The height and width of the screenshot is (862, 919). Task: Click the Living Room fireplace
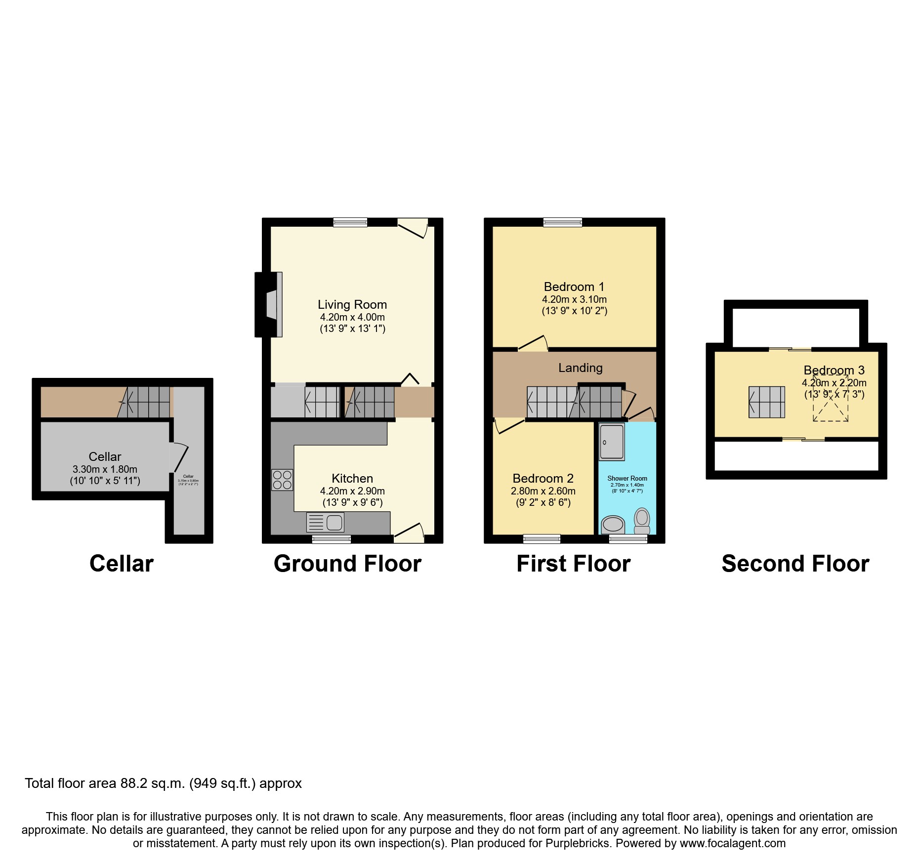click(270, 304)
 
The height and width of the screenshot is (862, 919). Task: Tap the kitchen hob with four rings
click(282, 480)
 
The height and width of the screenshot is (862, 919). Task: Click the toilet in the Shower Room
click(642, 521)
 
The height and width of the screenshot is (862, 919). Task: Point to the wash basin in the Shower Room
click(613, 524)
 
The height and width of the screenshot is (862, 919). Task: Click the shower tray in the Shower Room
click(612, 441)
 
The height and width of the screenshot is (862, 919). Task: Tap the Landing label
click(581, 368)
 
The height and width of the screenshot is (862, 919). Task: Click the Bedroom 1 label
click(574, 287)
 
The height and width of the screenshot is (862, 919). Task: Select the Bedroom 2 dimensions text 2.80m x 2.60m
click(543, 491)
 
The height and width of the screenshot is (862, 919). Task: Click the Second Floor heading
click(795, 564)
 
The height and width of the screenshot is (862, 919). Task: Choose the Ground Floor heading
click(347, 564)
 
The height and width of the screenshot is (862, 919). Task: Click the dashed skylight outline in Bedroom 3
click(831, 405)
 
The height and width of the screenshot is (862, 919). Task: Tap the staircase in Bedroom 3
click(766, 402)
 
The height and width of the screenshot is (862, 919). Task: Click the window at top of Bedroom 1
click(562, 222)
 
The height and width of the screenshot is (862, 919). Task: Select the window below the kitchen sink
click(331, 539)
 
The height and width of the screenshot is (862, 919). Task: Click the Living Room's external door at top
click(413, 227)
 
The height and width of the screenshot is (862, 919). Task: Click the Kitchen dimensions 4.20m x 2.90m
click(352, 491)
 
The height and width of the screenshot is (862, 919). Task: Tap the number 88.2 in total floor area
click(132, 783)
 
